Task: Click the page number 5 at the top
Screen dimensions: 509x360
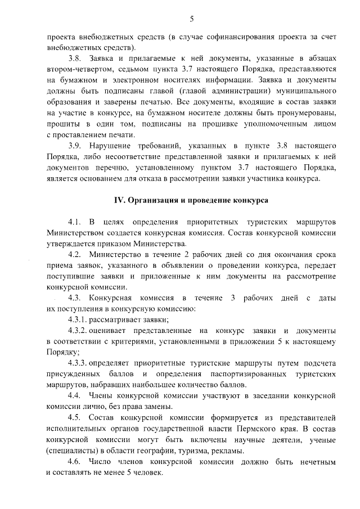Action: (x=192, y=19)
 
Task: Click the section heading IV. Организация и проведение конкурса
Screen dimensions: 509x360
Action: (x=191, y=200)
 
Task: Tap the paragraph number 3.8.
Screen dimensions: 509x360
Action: (x=75, y=57)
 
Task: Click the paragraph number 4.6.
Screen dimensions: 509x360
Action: (x=75, y=462)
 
